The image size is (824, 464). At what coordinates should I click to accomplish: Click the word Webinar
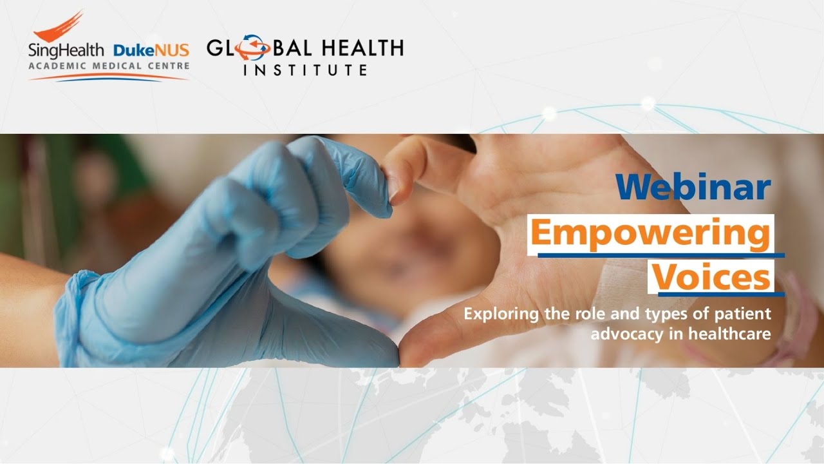693,188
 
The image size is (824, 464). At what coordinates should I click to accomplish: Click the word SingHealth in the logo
68,50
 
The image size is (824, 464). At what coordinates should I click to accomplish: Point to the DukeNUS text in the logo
151,50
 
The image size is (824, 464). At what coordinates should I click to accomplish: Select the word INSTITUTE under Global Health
305,70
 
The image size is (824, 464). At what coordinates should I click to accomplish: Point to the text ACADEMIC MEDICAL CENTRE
109,66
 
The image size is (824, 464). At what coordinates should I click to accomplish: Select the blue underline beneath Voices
721,295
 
